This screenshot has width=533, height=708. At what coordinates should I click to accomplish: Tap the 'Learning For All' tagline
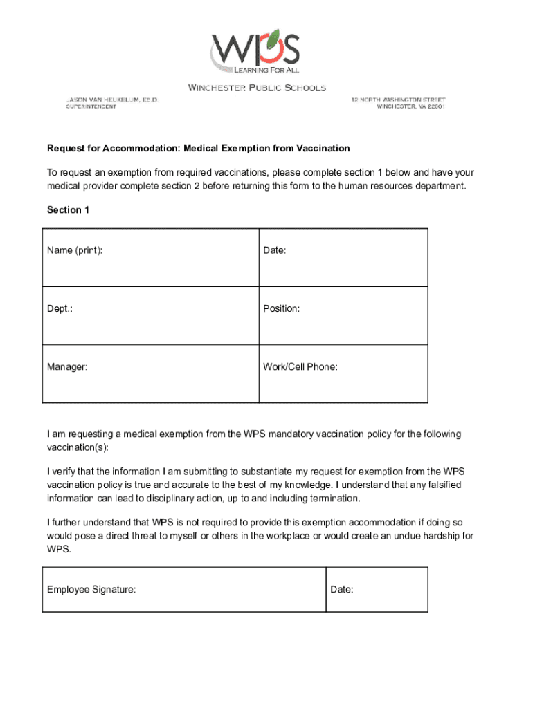266,70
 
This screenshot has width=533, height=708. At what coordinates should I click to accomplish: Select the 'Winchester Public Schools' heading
257,88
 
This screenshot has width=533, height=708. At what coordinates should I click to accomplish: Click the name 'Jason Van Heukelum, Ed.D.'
111,100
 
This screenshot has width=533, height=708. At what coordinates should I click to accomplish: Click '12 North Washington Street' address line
398,100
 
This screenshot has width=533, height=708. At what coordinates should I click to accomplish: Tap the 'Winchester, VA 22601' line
410,107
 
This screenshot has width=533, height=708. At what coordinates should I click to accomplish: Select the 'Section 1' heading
68,209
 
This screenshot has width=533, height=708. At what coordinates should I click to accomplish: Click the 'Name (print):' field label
75,250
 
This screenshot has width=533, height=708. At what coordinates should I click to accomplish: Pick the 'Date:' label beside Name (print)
275,250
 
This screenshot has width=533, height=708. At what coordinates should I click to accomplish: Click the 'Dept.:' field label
60,308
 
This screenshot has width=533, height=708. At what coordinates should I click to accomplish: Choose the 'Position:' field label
282,308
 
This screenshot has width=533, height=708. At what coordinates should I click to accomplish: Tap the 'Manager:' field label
67,366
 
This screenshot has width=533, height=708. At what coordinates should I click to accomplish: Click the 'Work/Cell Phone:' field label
300,366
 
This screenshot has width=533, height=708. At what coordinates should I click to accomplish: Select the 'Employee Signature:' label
91,589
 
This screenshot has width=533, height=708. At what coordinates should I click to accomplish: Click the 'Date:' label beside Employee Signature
342,589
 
